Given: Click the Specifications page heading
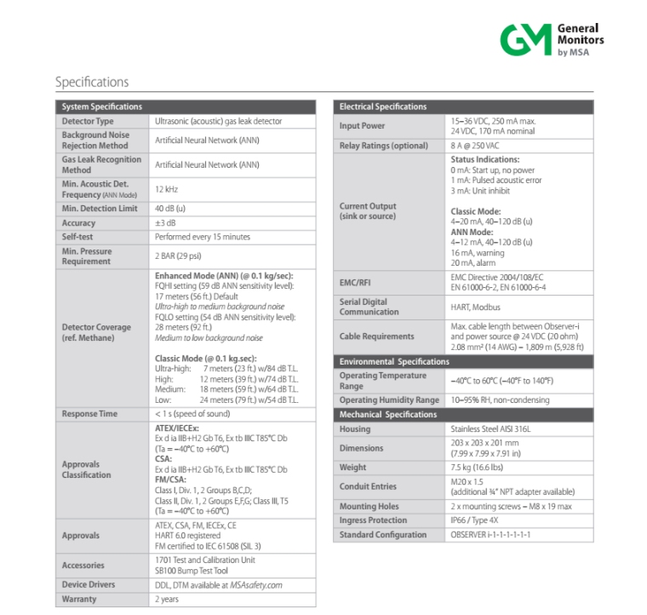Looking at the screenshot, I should click(x=92, y=83).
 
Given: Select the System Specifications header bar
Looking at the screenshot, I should click(x=186, y=106).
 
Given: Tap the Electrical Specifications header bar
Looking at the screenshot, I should click(x=463, y=106).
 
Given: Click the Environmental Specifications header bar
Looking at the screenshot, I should click(x=463, y=362).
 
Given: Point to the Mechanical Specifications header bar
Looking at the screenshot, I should click(x=463, y=415).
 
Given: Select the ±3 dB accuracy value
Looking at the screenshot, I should click(x=165, y=222).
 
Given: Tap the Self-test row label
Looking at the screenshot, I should click(x=77, y=237).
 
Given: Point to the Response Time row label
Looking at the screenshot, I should click(x=90, y=414).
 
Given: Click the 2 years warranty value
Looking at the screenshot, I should click(x=167, y=599).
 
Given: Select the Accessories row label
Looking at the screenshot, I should click(x=83, y=566).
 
